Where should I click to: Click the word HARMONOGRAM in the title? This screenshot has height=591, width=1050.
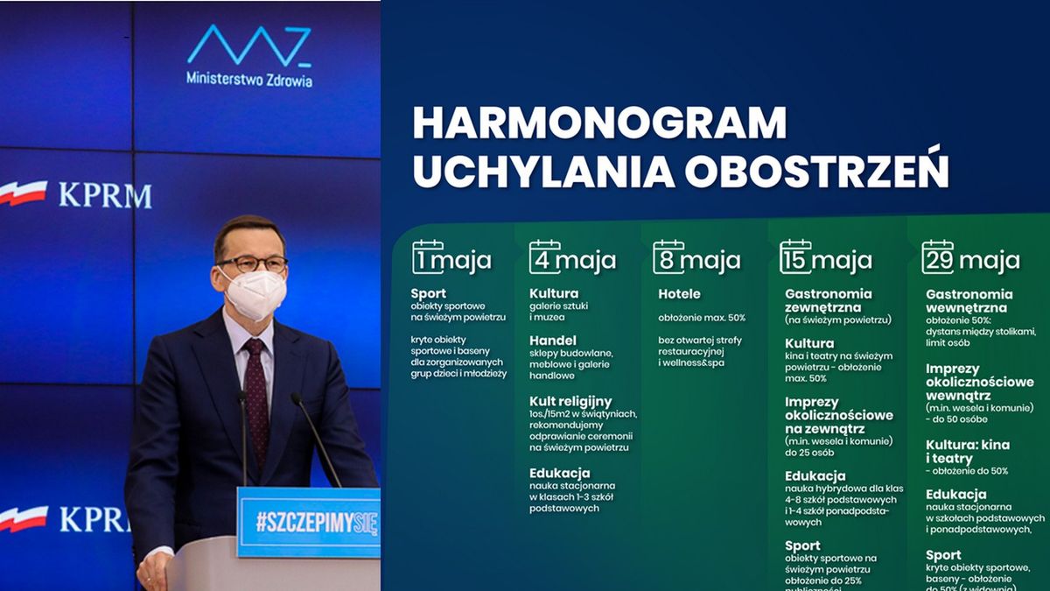click(599, 123)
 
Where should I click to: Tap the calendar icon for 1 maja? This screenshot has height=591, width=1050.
click(427, 257)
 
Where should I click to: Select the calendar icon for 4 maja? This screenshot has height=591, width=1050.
click(544, 257)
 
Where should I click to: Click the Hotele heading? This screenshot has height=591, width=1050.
click(679, 294)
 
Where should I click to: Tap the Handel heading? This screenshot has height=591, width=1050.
click(553, 340)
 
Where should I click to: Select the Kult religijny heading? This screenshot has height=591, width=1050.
click(570, 401)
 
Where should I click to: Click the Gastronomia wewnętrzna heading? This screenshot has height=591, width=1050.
click(969, 301)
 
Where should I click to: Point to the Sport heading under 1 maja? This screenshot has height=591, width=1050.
click(428, 293)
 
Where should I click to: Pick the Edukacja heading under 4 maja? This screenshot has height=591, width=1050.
click(559, 473)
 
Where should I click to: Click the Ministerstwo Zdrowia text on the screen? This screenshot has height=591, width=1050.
click(249, 79)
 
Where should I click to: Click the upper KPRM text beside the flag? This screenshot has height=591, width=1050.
click(104, 195)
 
